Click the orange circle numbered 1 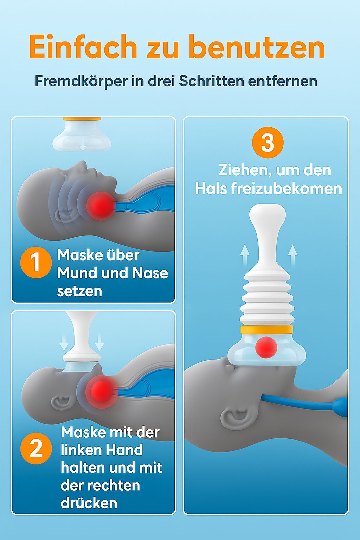[36, 263]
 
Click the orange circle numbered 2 [36, 449]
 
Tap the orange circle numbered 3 [268, 143]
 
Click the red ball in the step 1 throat [101, 206]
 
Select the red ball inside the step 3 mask [266, 347]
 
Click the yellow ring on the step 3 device [266, 330]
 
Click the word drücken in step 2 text [89, 503]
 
